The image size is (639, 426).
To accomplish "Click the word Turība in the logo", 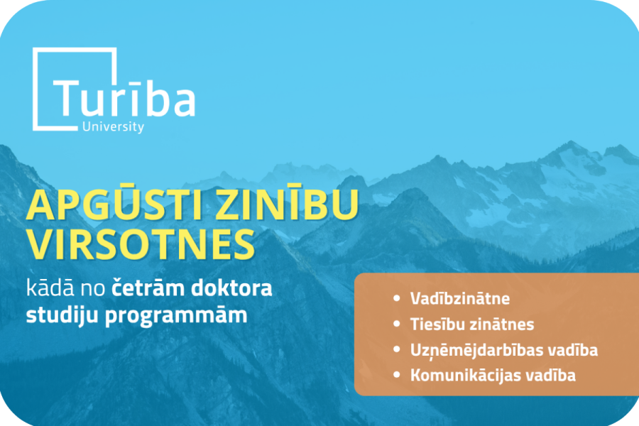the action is click(124, 97).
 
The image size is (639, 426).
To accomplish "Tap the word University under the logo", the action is click(114, 127).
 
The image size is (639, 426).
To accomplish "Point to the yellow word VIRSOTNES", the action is click(141, 244).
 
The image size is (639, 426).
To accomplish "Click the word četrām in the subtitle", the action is click(148, 288).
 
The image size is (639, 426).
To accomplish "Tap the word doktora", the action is click(232, 288).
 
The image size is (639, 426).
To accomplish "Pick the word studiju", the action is click(62, 315).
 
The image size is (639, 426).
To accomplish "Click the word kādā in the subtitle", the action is click(50, 288).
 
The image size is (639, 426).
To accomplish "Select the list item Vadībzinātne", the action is click(460, 298).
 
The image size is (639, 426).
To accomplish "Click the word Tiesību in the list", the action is click(437, 324).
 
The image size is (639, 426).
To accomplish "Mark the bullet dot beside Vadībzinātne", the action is click(396, 298).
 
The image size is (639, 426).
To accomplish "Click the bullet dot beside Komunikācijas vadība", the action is click(396, 375).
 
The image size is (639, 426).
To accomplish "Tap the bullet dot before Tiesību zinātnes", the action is click(396, 324).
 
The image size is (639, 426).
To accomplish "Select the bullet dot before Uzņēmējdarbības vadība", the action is click(396, 349).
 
